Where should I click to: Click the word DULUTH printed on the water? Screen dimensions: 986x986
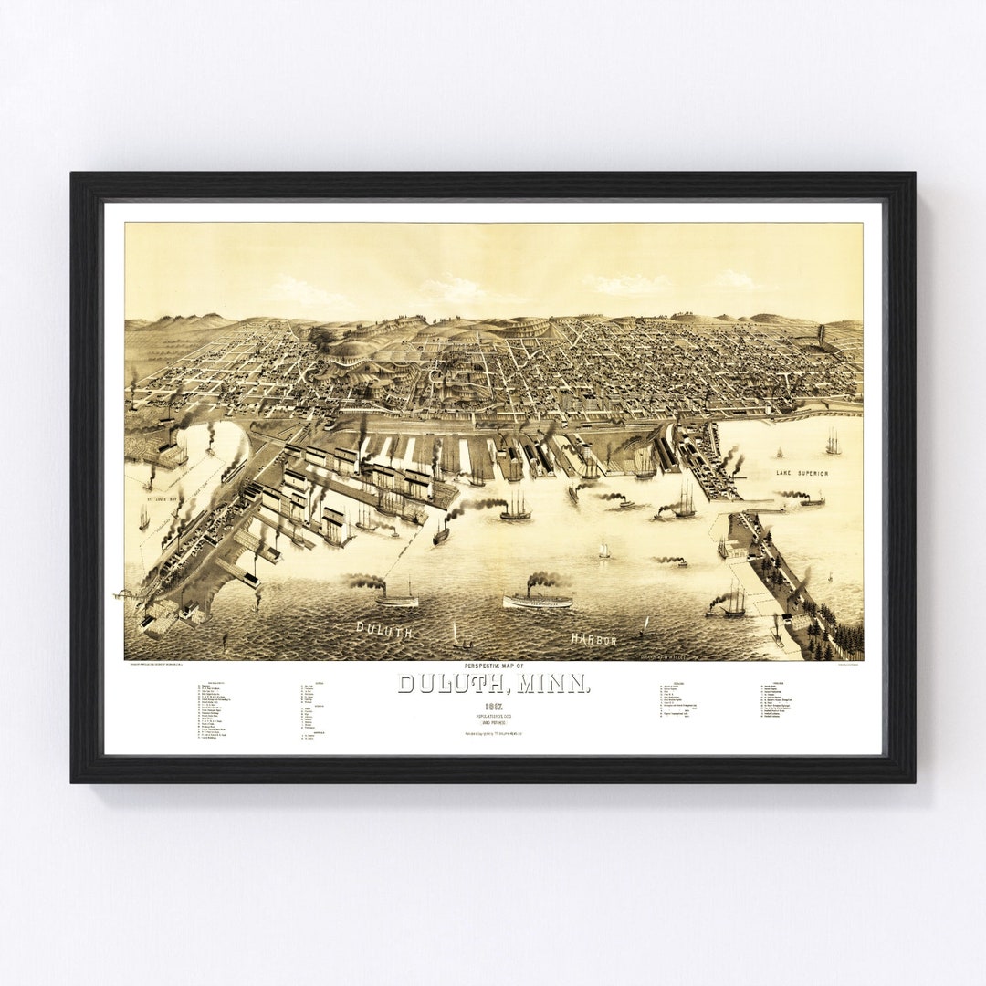pyautogui.click(x=385, y=629)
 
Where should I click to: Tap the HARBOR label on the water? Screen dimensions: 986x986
pyautogui.click(x=594, y=638)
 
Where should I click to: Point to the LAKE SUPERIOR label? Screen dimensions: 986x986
pyautogui.click(x=802, y=473)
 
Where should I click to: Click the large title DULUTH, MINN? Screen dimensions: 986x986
pyautogui.click(x=494, y=683)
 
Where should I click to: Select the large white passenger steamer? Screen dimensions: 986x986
pyautogui.click(x=538, y=599)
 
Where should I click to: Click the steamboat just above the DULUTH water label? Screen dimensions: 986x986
pyautogui.click(x=396, y=599)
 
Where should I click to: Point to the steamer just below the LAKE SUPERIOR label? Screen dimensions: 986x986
pyautogui.click(x=812, y=500)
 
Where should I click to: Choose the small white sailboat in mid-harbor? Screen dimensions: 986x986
pyautogui.click(x=604, y=551)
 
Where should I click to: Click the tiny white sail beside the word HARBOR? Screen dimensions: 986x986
pyautogui.click(x=645, y=625)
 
